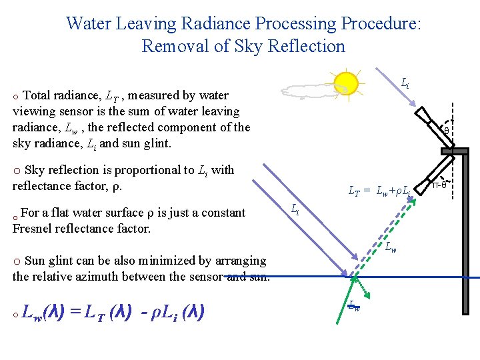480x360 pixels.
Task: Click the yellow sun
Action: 346,83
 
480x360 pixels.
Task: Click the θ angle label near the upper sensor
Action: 447,131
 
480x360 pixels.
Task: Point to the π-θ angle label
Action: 439,185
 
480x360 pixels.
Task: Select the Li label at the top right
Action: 405,83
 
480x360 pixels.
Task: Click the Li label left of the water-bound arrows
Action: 295,209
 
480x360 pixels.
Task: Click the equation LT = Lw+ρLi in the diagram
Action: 379,191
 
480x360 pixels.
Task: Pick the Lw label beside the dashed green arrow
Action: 391,248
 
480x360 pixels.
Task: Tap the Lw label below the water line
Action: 354,306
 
